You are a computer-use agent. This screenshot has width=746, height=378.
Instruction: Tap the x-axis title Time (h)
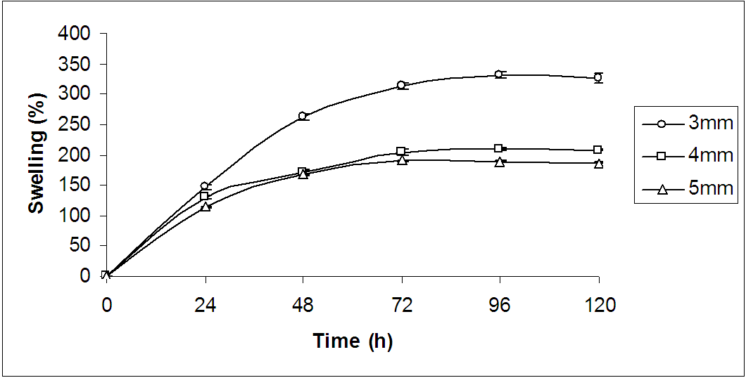click(353, 341)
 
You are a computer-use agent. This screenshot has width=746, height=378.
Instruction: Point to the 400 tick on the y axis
click(75, 33)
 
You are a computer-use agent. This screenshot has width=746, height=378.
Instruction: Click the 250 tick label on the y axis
click(75, 124)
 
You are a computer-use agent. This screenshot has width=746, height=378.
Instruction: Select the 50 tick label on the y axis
click(81, 245)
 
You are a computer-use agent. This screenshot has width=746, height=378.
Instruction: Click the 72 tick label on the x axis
click(401, 306)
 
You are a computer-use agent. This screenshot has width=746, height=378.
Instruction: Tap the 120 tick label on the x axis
click(598, 306)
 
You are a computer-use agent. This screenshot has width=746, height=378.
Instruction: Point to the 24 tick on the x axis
click(205, 306)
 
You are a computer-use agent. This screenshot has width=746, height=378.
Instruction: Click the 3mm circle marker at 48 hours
click(303, 116)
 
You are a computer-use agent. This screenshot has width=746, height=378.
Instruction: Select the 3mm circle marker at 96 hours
click(499, 74)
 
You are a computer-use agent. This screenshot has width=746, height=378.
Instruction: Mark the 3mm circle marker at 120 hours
click(598, 77)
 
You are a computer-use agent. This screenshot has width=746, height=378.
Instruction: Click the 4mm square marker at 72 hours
click(401, 152)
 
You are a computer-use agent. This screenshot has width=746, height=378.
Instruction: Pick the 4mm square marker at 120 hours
click(598, 150)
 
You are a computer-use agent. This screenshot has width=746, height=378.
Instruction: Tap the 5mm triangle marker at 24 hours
click(205, 207)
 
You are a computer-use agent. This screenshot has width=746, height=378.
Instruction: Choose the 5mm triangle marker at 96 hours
click(499, 162)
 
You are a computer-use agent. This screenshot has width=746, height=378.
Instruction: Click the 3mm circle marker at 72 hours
click(401, 86)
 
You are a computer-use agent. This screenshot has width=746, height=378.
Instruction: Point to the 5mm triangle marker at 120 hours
click(598, 164)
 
